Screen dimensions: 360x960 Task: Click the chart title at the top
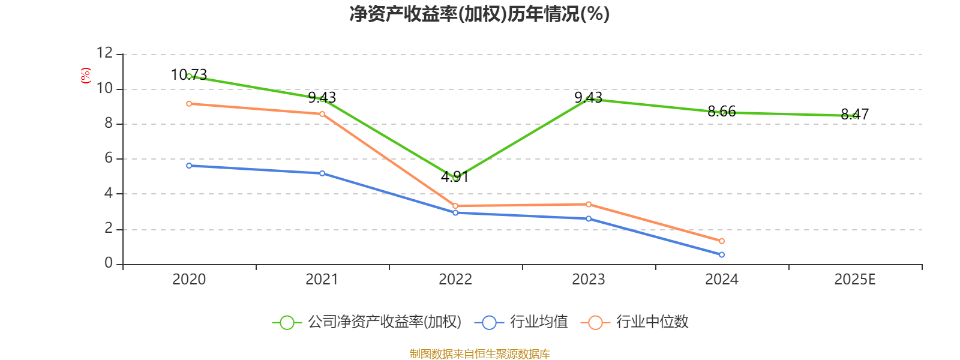click(479, 14)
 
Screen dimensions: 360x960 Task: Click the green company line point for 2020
click(189, 76)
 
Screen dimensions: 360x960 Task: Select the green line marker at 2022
click(455, 178)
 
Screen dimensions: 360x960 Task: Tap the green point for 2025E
click(854, 116)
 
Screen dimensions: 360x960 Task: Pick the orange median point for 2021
click(322, 114)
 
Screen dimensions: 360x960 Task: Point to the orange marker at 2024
click(722, 241)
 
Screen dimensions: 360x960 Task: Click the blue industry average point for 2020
click(189, 166)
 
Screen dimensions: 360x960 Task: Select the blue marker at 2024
click(722, 255)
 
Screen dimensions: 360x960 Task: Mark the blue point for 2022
click(455, 213)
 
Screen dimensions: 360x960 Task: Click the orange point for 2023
click(589, 205)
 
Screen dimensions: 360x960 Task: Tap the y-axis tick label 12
click(104, 53)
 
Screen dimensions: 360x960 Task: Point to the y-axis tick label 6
click(109, 158)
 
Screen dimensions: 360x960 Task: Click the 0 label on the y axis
click(109, 263)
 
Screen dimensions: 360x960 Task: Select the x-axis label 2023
click(589, 280)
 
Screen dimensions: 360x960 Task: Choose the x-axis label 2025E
click(854, 280)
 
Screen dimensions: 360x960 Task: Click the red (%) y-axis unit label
click(86, 76)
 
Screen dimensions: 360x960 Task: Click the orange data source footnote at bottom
click(479, 354)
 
